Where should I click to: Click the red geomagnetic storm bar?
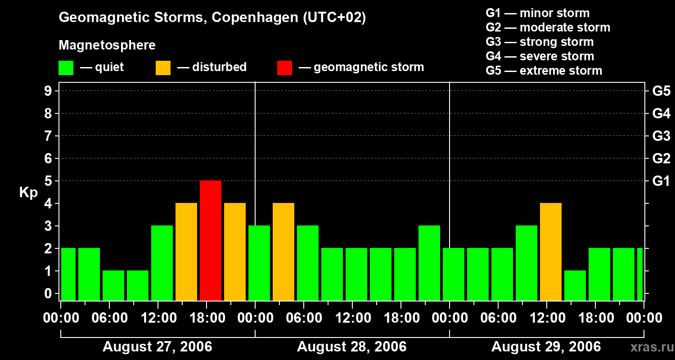coord(211,240)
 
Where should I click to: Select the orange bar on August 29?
coord(551,252)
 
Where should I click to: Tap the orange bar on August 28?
coord(283,252)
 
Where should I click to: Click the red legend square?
coord(284,68)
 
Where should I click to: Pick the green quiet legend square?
coord(66,68)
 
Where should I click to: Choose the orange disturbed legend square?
coord(163,68)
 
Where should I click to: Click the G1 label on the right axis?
coord(661,181)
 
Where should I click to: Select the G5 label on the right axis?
coord(661,91)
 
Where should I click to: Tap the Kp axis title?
coord(28,193)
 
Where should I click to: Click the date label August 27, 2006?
coord(157,347)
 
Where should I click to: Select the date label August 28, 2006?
coord(352,347)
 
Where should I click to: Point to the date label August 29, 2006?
coord(546,347)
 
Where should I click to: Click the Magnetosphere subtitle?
coord(107,45)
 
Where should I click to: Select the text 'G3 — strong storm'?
coord(540,42)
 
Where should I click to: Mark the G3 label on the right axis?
coord(661,136)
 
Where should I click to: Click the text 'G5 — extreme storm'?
coord(544,71)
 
